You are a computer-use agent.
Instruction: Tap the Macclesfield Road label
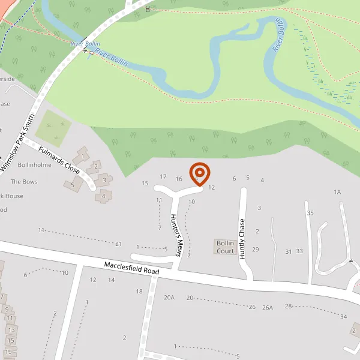tap(131, 268)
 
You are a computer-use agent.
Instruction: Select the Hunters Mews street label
tap(176, 235)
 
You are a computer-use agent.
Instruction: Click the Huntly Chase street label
tap(243, 239)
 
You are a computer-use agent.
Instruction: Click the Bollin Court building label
tap(225, 247)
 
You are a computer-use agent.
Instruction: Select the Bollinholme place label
tap(35, 164)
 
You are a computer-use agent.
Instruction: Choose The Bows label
tap(24, 181)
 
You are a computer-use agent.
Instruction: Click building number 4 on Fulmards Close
tap(104, 195)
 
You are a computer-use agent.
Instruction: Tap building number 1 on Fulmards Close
tap(83, 157)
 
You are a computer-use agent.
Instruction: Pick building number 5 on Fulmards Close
tap(73, 185)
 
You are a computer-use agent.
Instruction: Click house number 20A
tap(169, 297)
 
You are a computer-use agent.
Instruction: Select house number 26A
tap(267, 307)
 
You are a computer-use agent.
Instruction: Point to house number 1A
tap(337, 192)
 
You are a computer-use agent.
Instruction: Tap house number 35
tap(310, 213)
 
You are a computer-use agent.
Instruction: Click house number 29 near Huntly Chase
tap(256, 249)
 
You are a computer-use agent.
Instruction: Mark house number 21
tap(119, 243)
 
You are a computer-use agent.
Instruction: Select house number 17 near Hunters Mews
tap(163, 176)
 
